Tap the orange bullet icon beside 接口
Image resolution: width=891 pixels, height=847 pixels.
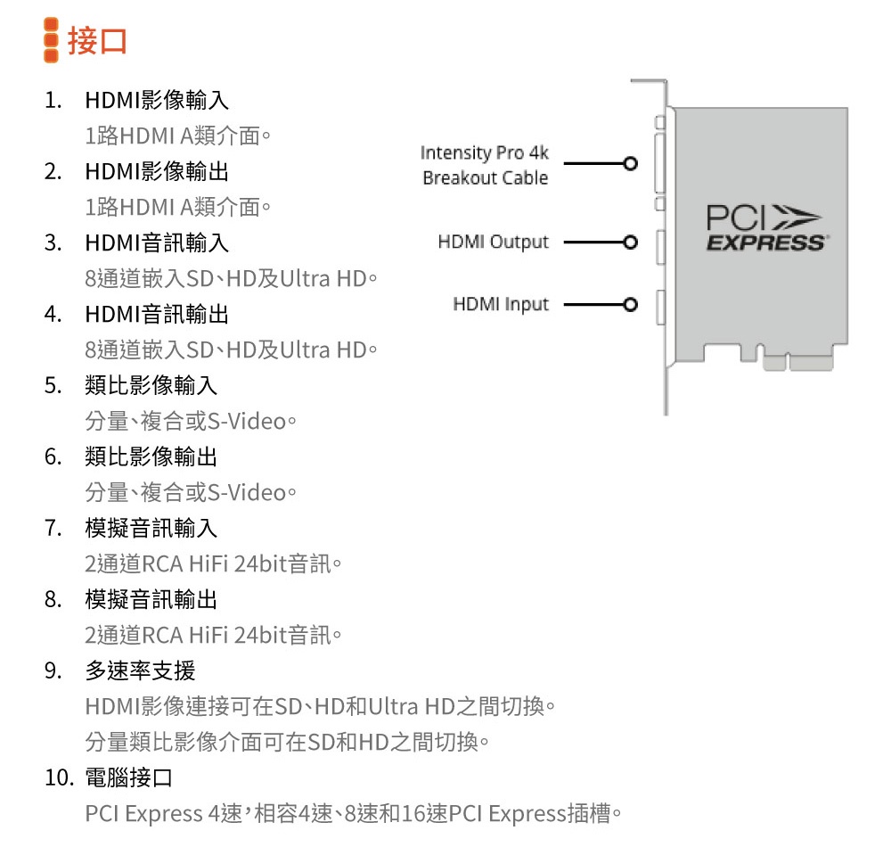(x=52, y=41)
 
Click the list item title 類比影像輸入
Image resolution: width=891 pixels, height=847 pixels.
(x=151, y=385)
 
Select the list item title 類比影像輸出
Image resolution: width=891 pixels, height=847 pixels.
(x=151, y=456)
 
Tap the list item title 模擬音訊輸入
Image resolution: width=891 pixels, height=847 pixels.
(x=151, y=528)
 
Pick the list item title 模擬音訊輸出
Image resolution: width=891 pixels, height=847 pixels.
(x=151, y=599)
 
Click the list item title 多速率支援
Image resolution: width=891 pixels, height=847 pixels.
(x=140, y=670)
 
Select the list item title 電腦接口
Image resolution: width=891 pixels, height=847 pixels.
(x=128, y=778)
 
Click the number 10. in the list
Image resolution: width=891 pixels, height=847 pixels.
(x=59, y=778)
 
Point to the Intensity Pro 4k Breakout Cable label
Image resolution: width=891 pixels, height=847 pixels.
(x=485, y=165)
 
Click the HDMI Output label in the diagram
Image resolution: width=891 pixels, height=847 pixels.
(x=493, y=242)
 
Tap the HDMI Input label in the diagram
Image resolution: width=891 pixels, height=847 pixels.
(x=501, y=305)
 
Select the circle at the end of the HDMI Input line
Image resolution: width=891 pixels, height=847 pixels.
(x=631, y=305)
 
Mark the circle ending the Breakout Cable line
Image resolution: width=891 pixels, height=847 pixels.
(x=631, y=164)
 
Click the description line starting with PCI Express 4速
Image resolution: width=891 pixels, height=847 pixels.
(x=353, y=814)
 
